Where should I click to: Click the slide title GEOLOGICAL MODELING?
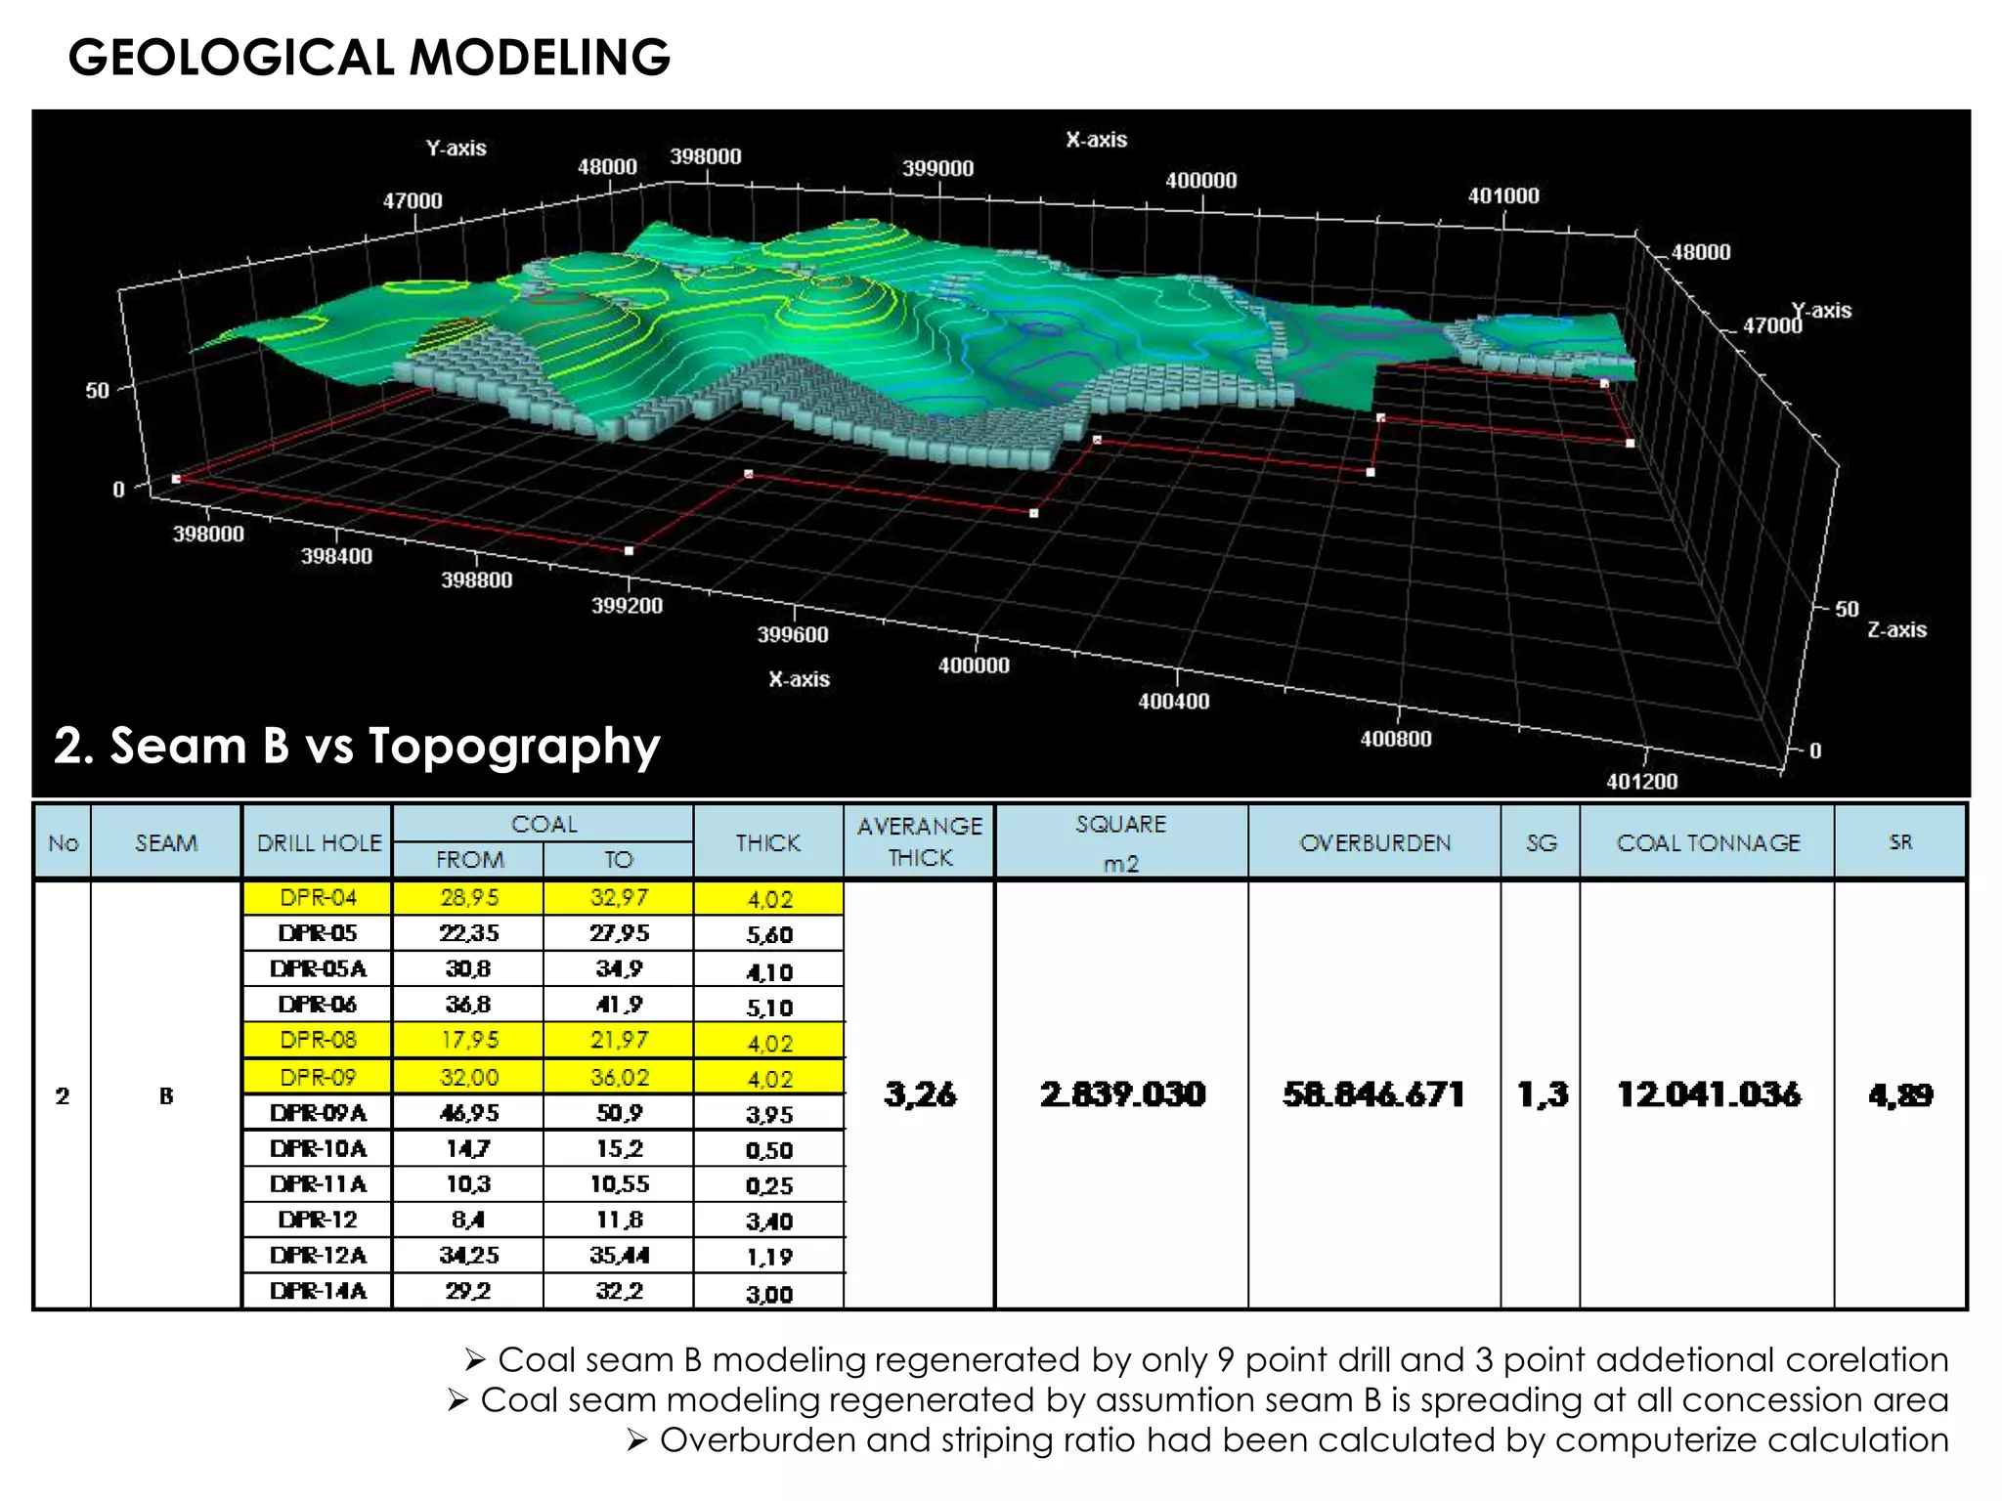click(x=369, y=57)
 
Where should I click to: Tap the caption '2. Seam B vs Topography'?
click(x=357, y=746)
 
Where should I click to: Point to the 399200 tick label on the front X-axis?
click(x=627, y=606)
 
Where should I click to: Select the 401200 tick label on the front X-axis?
click(x=1641, y=781)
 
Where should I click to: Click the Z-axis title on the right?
click(x=1896, y=630)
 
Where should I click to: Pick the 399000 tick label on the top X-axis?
click(x=937, y=168)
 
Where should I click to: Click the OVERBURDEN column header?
click(x=1374, y=842)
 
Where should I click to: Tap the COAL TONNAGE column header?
click(x=1708, y=842)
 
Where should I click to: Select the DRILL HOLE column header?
click(x=319, y=842)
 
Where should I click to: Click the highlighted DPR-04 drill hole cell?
click(x=319, y=897)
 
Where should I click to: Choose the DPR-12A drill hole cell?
click(x=319, y=1255)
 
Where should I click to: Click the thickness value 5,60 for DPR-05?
click(x=769, y=934)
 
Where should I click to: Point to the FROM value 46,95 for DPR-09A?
click(x=469, y=1113)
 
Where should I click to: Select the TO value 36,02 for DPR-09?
click(x=619, y=1077)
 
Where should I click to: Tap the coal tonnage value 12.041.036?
click(x=1708, y=1094)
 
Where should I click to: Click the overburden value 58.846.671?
click(x=1373, y=1094)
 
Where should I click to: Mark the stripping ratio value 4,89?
click(x=1900, y=1094)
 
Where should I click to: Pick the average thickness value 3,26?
click(x=920, y=1094)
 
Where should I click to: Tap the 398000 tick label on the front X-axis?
click(x=208, y=534)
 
